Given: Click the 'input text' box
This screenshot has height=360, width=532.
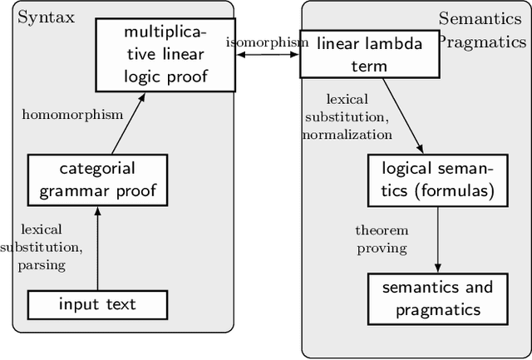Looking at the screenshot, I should (97, 303).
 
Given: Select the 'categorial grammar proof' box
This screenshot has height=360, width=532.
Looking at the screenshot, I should (97, 180).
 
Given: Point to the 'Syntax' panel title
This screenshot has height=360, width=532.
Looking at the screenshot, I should (45, 17).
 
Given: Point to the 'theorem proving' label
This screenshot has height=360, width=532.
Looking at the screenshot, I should (381, 239).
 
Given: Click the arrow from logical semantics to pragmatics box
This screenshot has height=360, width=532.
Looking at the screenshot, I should (437, 239).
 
